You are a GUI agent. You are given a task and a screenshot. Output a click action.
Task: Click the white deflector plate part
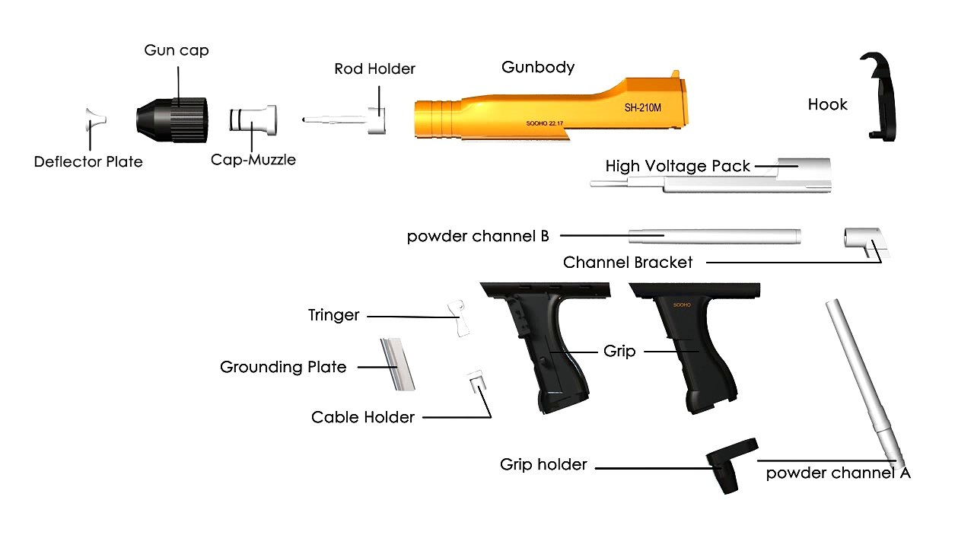pos(95,119)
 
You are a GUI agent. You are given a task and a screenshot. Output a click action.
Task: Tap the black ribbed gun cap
pos(172,120)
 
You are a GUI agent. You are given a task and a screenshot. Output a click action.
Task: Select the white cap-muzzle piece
pos(253,120)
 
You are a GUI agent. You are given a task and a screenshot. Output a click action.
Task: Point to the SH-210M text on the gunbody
pos(643,107)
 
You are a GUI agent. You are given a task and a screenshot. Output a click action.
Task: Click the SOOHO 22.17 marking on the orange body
pos(544,123)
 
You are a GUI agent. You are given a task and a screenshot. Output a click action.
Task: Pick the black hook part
pos(878,97)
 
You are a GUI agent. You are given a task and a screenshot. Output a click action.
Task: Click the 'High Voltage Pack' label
pos(677,166)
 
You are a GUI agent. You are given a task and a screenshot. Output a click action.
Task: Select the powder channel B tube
pos(715,236)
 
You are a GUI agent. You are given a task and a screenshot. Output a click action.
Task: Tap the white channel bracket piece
pos(866,242)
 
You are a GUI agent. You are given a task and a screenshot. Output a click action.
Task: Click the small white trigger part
pos(459,318)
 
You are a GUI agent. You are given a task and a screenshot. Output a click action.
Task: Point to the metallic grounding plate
pos(397,365)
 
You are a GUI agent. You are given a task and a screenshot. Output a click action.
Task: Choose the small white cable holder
pos(476,381)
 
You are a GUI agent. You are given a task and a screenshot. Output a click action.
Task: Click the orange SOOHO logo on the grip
pos(682,305)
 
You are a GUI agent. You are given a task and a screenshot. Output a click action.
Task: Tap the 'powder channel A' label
pos(838,473)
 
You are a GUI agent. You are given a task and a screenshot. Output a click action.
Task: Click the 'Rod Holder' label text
pos(374,68)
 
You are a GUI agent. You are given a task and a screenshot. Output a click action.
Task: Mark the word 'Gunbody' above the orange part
pos(538,67)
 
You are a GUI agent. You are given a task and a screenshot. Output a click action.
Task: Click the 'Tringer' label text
pos(333,315)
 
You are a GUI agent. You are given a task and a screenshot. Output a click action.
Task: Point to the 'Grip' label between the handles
pos(619,352)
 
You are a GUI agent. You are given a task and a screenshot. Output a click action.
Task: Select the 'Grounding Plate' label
pos(283,367)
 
